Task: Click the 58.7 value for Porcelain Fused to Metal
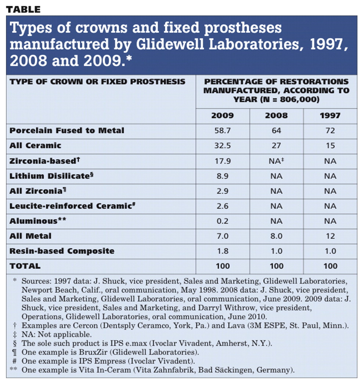pos(222,131)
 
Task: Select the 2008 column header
pos(276,116)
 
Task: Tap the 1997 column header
pos(330,116)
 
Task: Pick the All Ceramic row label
pos(35,146)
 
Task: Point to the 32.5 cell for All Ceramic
pos(222,146)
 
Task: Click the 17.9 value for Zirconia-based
pos(222,161)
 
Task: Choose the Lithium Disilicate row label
pos(51,176)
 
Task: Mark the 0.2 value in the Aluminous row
pos(222,221)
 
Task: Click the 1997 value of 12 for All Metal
pos(330,236)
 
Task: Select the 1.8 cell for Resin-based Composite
pos(222,251)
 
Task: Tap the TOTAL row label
pos(25,266)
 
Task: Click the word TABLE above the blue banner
pos(23,10)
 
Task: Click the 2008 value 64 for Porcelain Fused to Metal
pos(276,131)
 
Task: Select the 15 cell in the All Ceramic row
pos(330,146)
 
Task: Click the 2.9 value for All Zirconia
pos(222,191)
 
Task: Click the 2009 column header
pos(222,116)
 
